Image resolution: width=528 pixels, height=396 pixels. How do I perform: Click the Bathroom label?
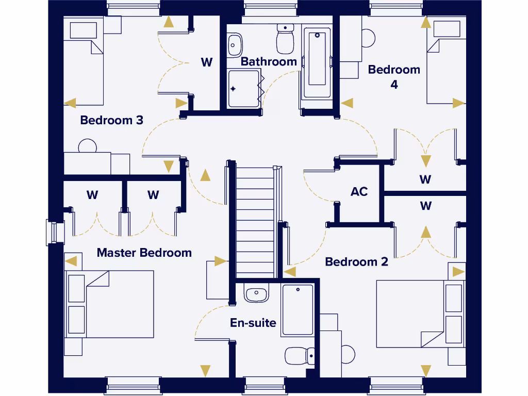click(x=269, y=62)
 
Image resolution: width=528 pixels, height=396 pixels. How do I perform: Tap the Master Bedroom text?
click(x=144, y=253)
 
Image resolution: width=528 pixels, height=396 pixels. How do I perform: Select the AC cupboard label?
click(x=359, y=192)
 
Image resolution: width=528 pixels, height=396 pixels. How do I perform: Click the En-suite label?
click(x=253, y=323)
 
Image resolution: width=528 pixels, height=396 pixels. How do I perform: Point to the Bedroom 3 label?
click(x=111, y=120)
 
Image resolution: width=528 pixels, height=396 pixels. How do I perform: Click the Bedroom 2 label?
click(x=356, y=262)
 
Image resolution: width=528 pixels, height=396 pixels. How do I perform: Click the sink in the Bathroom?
click(x=235, y=45)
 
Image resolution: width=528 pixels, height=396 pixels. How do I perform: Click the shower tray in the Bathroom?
click(x=243, y=89)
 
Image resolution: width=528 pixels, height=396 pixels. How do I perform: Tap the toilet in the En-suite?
click(x=300, y=355)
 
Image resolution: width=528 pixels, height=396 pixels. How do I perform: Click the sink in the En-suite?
click(x=256, y=294)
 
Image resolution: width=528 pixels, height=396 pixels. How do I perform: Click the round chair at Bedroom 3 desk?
click(x=88, y=146)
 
